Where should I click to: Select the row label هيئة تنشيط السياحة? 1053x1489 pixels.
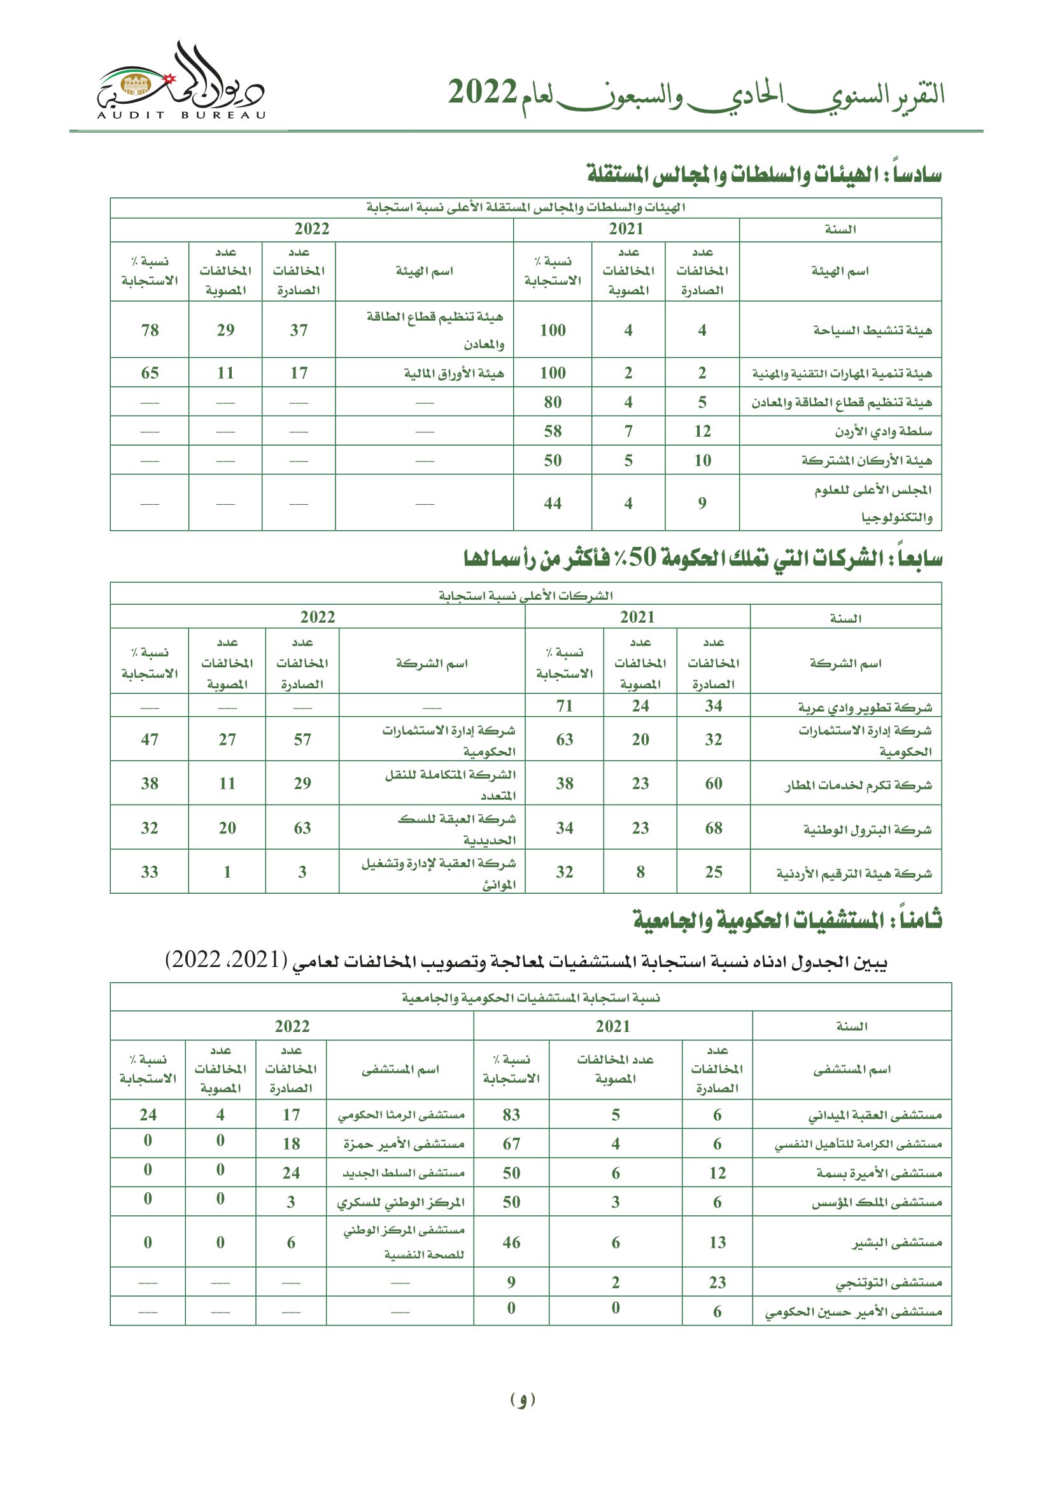point(872,330)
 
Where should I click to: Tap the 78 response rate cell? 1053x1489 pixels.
point(150,330)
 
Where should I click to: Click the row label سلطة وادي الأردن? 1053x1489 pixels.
point(883,431)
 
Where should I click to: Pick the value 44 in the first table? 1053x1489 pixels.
point(553,504)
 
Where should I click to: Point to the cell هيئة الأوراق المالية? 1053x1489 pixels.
point(453,373)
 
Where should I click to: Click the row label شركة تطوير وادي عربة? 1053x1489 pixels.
point(865,707)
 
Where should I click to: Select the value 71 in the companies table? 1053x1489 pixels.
point(564,705)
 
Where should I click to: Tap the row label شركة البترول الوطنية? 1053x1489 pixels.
point(867,829)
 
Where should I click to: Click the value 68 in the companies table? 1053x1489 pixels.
point(713,828)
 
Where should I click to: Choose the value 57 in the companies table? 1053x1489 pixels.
point(302,739)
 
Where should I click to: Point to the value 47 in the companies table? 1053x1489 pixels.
point(150,739)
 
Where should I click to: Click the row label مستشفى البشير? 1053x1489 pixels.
point(897,1243)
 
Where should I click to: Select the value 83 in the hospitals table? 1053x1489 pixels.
point(511,1115)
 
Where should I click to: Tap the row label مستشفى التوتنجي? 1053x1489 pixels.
point(887,1282)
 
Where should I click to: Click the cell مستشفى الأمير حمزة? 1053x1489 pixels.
point(403,1144)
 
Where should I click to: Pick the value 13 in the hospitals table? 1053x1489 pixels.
point(717,1243)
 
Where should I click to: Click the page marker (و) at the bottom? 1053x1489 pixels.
point(523,1399)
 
